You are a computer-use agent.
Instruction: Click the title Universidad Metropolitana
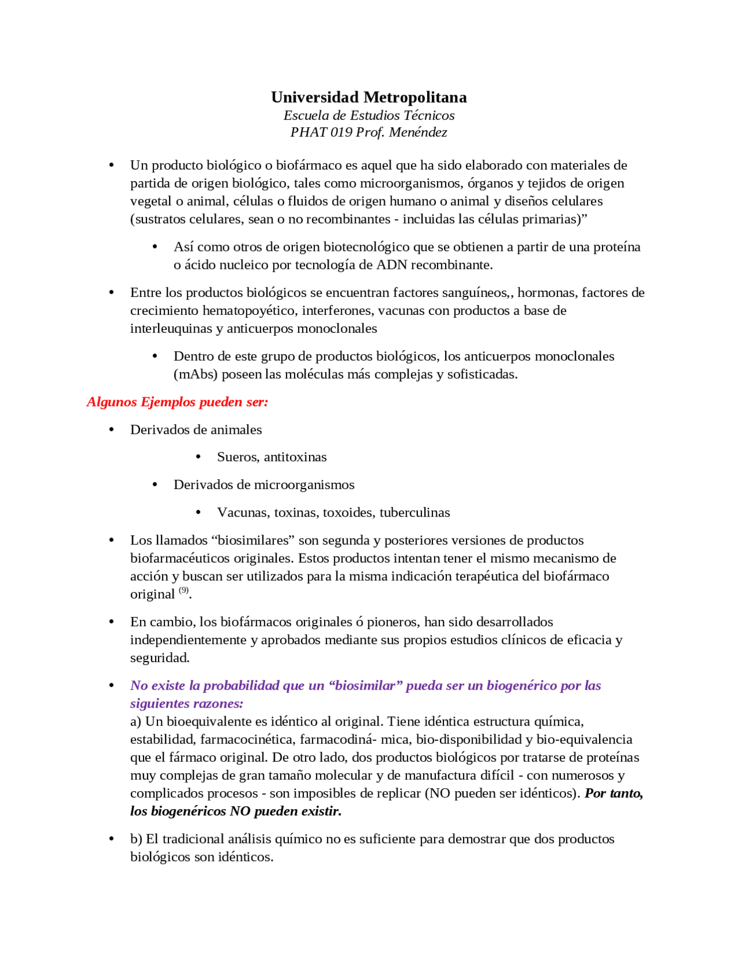click(368, 97)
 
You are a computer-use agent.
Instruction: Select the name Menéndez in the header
click(418, 132)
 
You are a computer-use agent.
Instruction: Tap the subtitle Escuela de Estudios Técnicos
click(368, 115)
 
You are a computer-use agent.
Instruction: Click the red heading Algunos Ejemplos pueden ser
click(177, 401)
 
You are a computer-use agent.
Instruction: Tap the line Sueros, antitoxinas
click(272, 457)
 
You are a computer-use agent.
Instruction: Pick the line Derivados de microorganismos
click(263, 484)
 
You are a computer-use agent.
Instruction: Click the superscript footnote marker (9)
click(183, 590)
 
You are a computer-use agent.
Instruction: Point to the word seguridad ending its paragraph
click(159, 657)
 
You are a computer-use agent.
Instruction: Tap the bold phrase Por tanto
click(613, 793)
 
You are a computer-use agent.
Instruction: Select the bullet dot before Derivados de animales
click(111, 430)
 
